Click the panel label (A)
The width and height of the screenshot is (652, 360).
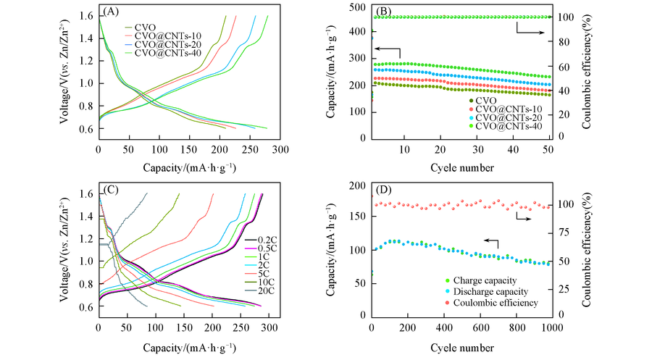pyautogui.click(x=112, y=12)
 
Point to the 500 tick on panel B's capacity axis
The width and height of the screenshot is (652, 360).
pyautogui.click(x=360, y=8)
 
